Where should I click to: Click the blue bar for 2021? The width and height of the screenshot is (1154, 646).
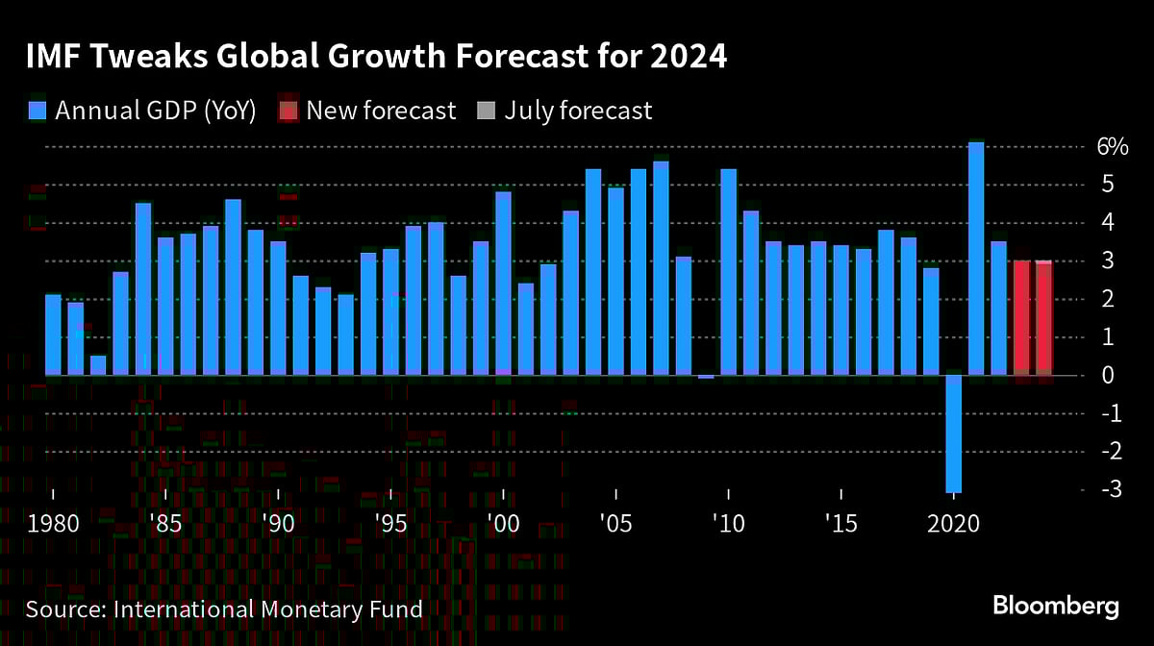coord(976,260)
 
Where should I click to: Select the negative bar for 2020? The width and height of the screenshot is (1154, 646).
coord(954,433)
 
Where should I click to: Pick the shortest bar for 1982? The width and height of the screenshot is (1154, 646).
coord(98,365)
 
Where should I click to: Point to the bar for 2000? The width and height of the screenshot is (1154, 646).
coord(504,284)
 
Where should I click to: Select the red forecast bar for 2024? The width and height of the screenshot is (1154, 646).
coord(1043,317)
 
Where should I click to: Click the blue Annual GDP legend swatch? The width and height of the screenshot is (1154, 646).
coord(38,111)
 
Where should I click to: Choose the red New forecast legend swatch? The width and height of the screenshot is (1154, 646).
coord(288,111)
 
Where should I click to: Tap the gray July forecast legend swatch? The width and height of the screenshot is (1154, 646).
coord(486,111)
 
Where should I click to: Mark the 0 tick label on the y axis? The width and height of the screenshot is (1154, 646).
coord(1109,375)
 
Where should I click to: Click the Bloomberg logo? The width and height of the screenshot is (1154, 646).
coord(1055,607)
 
